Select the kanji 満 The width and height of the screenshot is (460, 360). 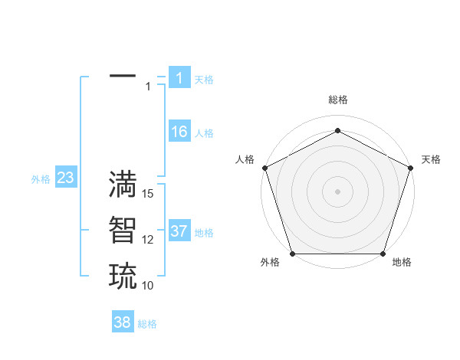pyautogui.click(x=123, y=185)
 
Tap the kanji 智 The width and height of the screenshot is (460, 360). pyautogui.click(x=123, y=230)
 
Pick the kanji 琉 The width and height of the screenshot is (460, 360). pyautogui.click(x=123, y=275)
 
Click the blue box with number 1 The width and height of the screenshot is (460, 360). pyautogui.click(x=179, y=78)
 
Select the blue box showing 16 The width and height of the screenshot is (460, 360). pyautogui.click(x=179, y=132)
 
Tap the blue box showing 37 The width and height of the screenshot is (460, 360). pyautogui.click(x=179, y=231)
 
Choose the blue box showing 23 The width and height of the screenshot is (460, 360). pyautogui.click(x=65, y=178)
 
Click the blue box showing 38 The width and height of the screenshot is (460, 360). pyautogui.click(x=122, y=322)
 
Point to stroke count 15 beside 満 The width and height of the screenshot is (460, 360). pyautogui.click(x=148, y=194)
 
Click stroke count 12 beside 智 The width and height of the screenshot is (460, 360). pyautogui.click(x=148, y=240)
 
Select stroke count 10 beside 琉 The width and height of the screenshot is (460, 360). pyautogui.click(x=148, y=285)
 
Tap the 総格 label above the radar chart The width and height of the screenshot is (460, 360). pyautogui.click(x=338, y=100)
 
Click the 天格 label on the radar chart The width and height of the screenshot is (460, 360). pyautogui.click(x=431, y=159)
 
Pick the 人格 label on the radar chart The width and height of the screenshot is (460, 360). pyautogui.click(x=245, y=159)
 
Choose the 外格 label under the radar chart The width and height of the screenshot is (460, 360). pyautogui.click(x=270, y=262)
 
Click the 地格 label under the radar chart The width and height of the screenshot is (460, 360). pyautogui.click(x=402, y=262)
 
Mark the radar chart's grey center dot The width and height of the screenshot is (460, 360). pyautogui.click(x=337, y=191)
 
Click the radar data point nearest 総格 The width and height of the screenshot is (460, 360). pyautogui.click(x=337, y=131)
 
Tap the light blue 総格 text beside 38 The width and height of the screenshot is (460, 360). pyautogui.click(x=147, y=324)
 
